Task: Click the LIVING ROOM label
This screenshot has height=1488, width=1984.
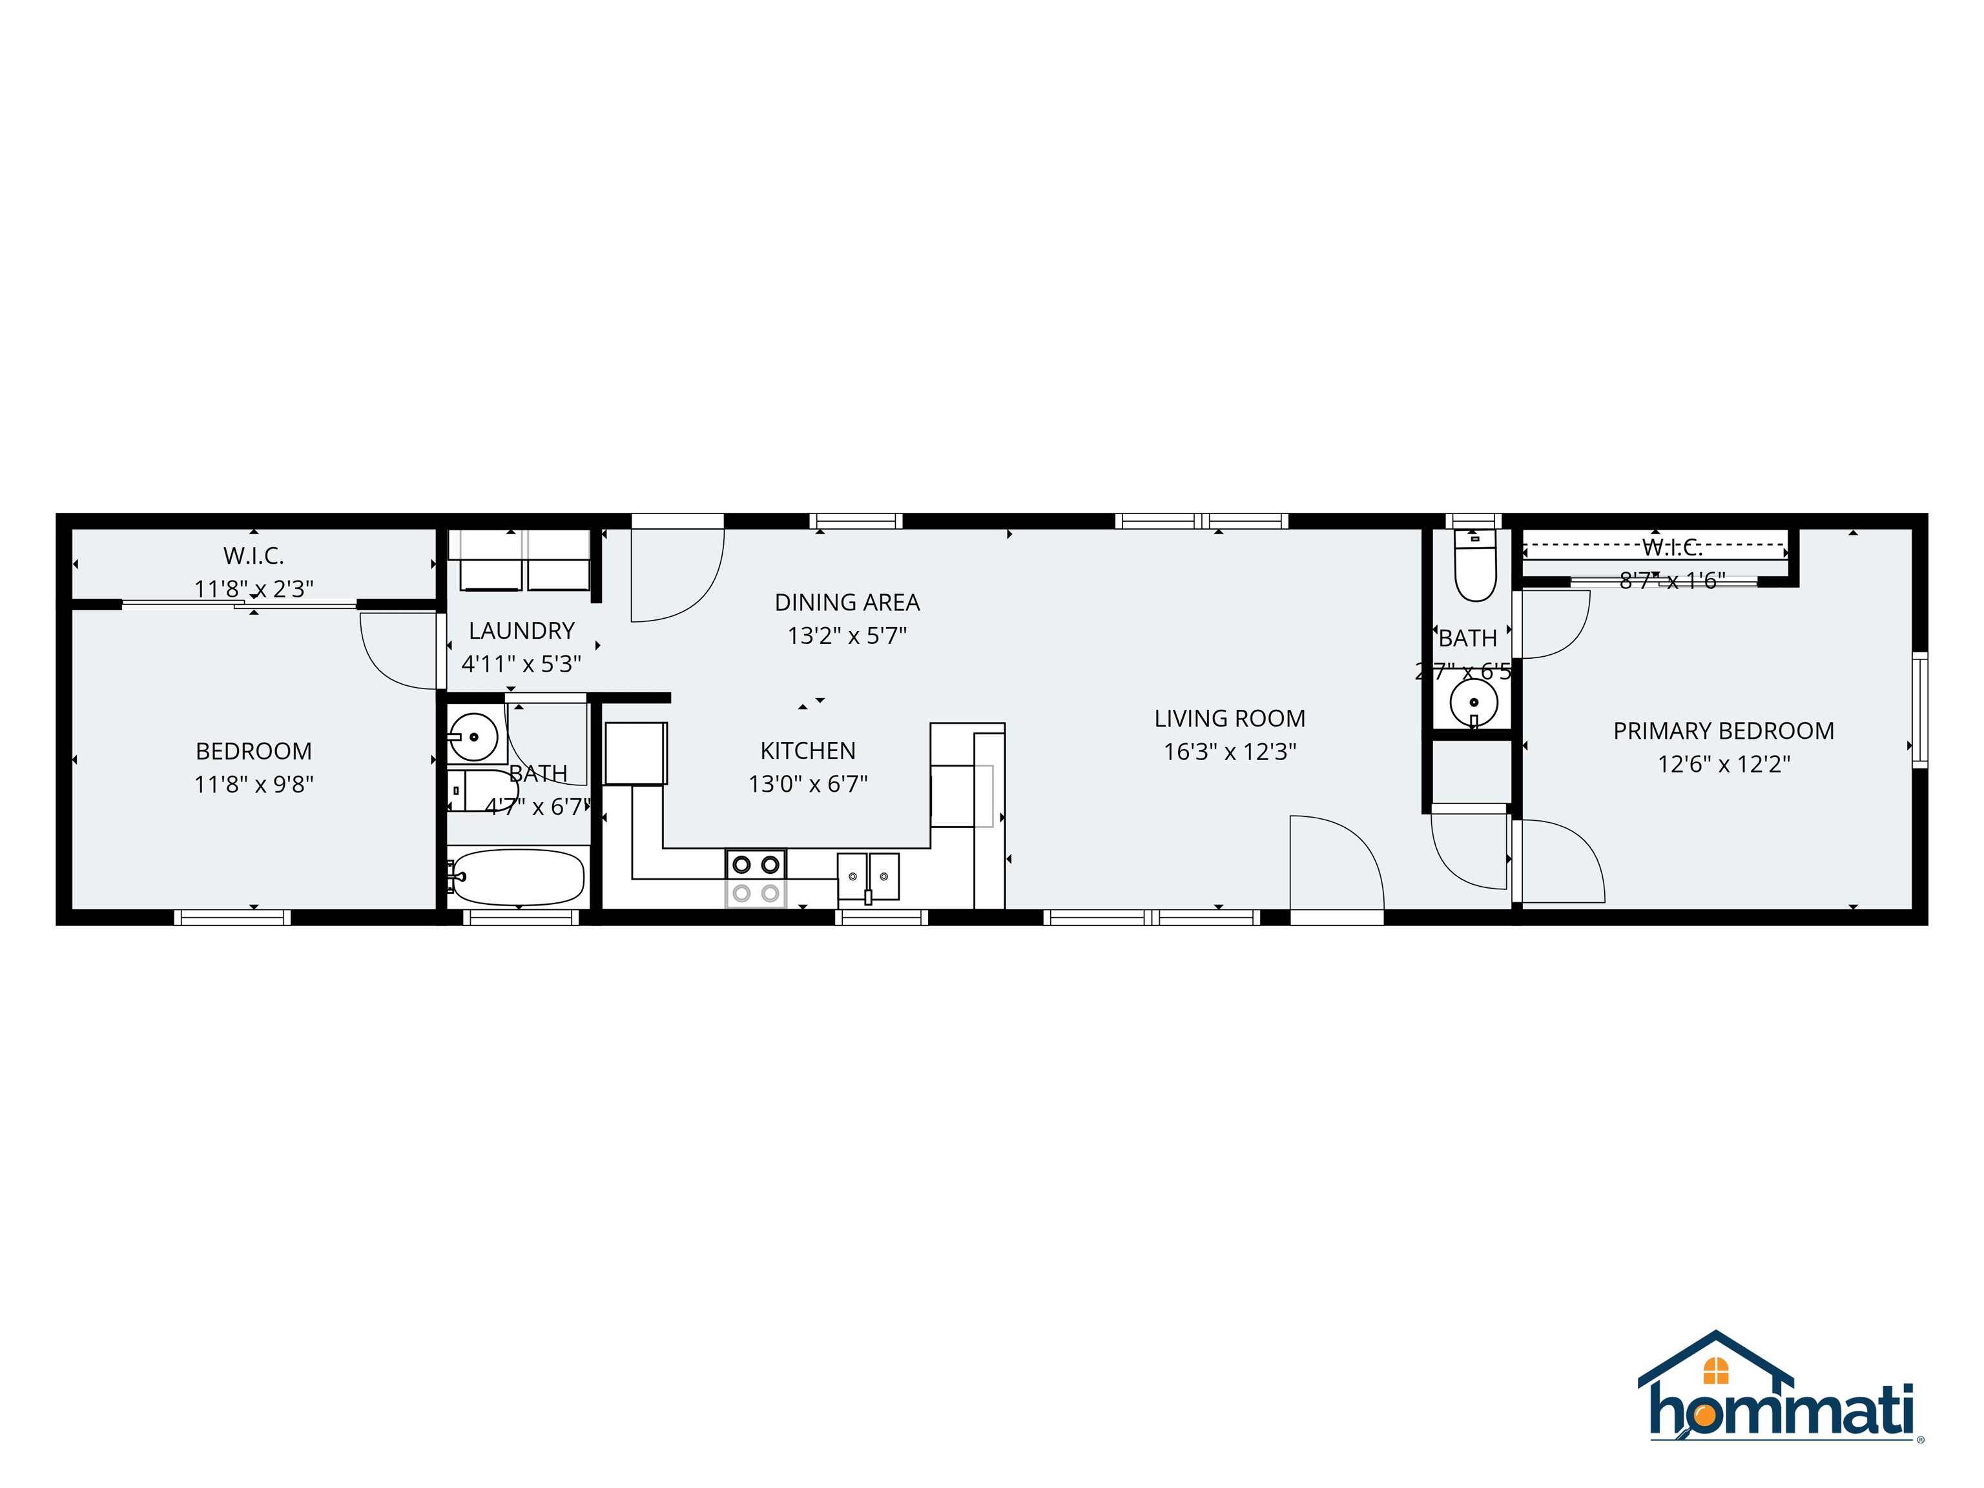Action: tap(1229, 718)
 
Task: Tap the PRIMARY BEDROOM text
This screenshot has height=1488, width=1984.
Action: tap(1723, 731)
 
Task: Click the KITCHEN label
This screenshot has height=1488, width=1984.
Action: tap(807, 750)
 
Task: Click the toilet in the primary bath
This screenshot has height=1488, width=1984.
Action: tap(1474, 568)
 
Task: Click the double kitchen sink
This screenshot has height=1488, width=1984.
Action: tap(867, 876)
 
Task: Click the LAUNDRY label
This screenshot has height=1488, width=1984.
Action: tap(521, 630)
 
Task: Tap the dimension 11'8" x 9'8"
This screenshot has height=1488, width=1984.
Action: tap(254, 785)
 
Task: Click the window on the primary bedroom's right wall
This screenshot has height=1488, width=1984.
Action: tap(1919, 710)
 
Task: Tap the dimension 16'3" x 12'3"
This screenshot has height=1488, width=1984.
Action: tap(1229, 752)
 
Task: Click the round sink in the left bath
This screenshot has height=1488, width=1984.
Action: tap(473, 738)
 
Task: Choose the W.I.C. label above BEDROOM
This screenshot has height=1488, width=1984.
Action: tap(254, 556)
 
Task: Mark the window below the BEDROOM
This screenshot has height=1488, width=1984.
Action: tap(232, 916)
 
